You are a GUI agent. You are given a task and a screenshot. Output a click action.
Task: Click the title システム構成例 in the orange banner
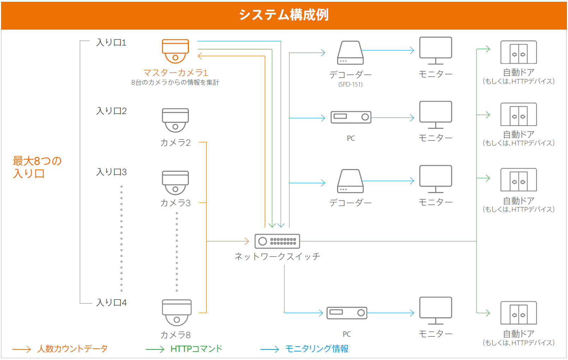pos(284,15)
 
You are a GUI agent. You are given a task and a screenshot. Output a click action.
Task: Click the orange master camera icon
pos(175,51)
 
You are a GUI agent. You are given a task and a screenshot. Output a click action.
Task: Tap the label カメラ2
pos(175,143)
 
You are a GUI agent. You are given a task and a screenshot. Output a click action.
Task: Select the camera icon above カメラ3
pos(175,182)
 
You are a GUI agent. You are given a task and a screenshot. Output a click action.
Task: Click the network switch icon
pos(277,241)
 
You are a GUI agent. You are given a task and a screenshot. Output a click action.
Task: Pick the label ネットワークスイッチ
pos(277,257)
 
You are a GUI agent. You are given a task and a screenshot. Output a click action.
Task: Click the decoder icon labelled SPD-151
pos(350,53)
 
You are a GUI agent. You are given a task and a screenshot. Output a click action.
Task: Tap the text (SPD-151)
pos(350,84)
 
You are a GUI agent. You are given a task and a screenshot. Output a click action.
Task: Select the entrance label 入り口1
pos(111,43)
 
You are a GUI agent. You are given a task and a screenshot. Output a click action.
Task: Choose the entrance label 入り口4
pos(111,303)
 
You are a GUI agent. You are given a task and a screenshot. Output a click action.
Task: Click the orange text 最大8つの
pos(37,161)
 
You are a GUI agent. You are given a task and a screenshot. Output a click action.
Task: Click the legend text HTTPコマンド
pos(196,349)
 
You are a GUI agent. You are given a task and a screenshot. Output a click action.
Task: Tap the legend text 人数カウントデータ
pos(72,349)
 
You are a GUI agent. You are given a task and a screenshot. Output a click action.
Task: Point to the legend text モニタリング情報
pos(317,349)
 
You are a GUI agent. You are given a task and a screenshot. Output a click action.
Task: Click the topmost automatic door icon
pos(519,52)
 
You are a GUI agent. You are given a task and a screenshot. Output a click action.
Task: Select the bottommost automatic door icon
pos(519,313)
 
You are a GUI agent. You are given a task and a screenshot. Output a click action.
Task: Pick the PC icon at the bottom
pos(347,313)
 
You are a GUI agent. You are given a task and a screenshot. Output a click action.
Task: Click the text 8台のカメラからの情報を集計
pos(175,83)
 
